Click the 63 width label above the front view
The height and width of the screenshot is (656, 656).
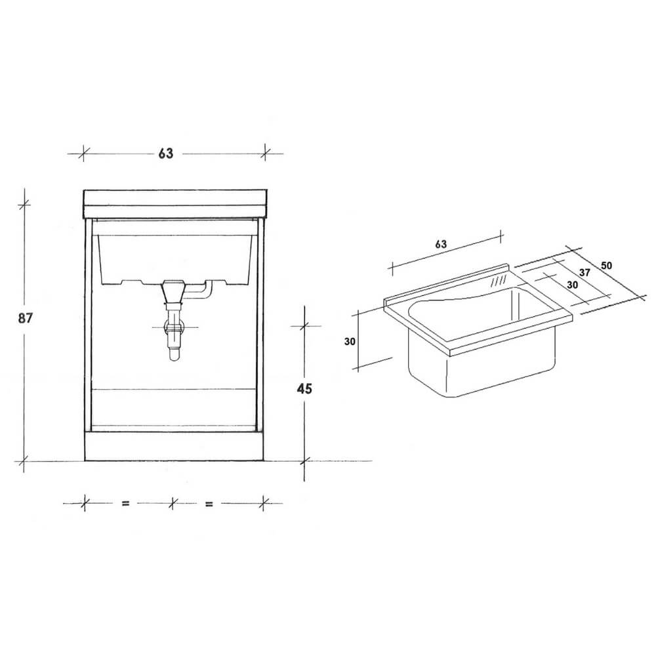[165, 154]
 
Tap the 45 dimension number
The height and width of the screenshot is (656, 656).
[304, 388]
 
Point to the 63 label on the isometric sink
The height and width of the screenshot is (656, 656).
[440, 244]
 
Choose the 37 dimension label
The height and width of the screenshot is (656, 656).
[586, 273]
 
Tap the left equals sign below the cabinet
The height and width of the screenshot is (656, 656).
[125, 504]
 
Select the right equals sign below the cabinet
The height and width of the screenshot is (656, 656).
[209, 504]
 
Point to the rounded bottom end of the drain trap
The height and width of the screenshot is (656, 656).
[174, 356]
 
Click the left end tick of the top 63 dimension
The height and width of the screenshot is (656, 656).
[84, 154]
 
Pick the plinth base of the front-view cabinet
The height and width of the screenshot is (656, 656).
[173, 446]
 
